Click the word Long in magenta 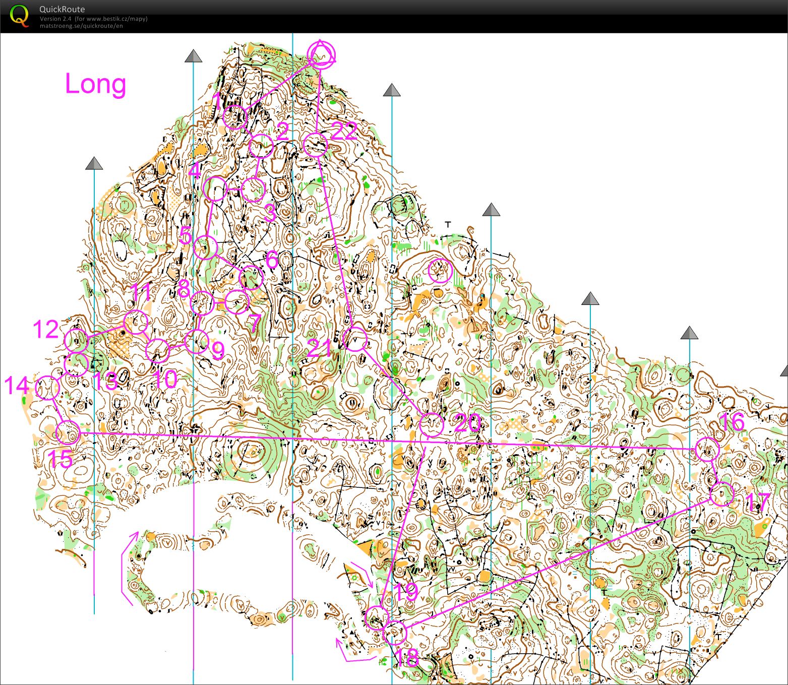click(95, 84)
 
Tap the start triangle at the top click(321, 54)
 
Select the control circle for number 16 click(707, 449)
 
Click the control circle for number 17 click(722, 493)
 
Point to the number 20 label click(467, 422)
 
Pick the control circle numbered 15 click(68, 432)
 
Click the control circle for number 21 click(355, 339)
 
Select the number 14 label click(17, 386)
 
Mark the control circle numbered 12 click(76, 341)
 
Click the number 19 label click(405, 592)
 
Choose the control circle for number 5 click(205, 247)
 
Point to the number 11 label click(142, 292)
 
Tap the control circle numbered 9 click(196, 342)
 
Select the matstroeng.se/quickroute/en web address click(81, 26)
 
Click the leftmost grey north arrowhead click(94, 163)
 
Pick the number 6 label click(272, 260)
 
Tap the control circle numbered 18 click(394, 632)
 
